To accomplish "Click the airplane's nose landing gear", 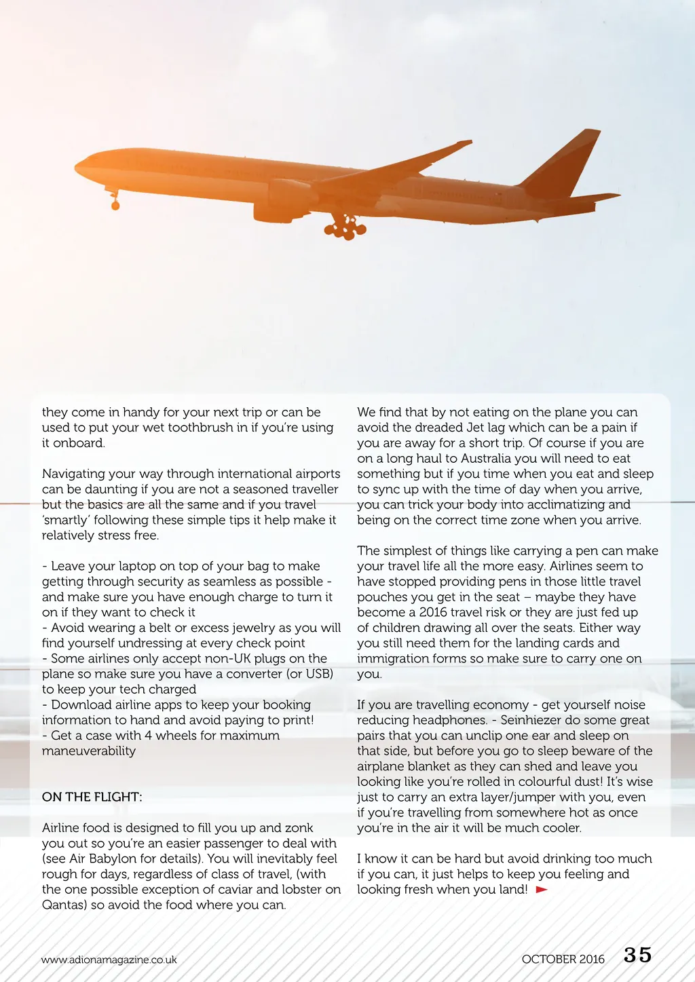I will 115,201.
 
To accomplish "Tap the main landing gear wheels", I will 345,228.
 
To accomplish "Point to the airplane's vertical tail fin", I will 565,163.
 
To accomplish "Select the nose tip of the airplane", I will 77,165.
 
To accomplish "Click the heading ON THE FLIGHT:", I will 92,797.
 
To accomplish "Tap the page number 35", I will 637,956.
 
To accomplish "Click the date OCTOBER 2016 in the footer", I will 563,959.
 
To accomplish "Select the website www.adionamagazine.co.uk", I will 109,960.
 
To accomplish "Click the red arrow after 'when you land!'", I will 542,889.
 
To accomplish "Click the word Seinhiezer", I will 536,720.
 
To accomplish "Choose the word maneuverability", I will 89,751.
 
